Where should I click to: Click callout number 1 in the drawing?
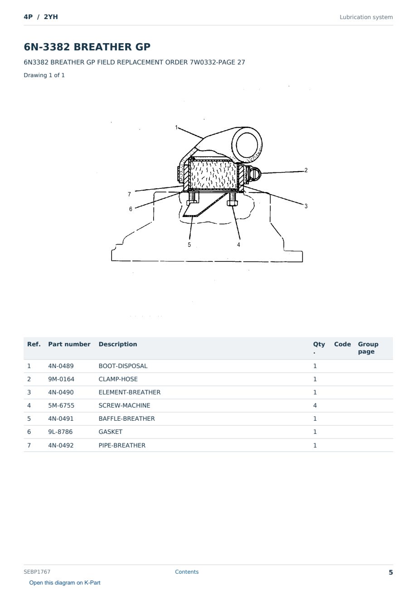click(x=176, y=128)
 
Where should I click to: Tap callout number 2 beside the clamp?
click(x=306, y=170)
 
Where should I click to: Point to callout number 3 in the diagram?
click(x=306, y=206)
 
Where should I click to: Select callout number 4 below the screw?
click(x=238, y=245)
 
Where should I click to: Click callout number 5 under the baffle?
click(x=189, y=245)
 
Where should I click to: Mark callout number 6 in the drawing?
click(x=131, y=209)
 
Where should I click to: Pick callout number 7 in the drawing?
click(x=129, y=194)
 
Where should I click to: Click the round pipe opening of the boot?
click(x=247, y=145)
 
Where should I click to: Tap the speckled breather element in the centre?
click(x=213, y=175)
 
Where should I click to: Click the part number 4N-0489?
click(x=61, y=366)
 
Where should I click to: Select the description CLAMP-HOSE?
click(x=118, y=379)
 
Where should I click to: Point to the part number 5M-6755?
click(x=61, y=405)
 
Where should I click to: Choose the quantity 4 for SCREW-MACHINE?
click(x=315, y=405)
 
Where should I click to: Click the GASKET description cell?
click(x=111, y=432)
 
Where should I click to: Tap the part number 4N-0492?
click(x=61, y=445)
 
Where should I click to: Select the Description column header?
click(x=118, y=344)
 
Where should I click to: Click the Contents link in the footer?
click(x=187, y=572)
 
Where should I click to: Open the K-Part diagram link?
click(x=65, y=583)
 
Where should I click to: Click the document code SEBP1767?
click(x=37, y=572)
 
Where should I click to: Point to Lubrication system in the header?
click(x=366, y=17)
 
